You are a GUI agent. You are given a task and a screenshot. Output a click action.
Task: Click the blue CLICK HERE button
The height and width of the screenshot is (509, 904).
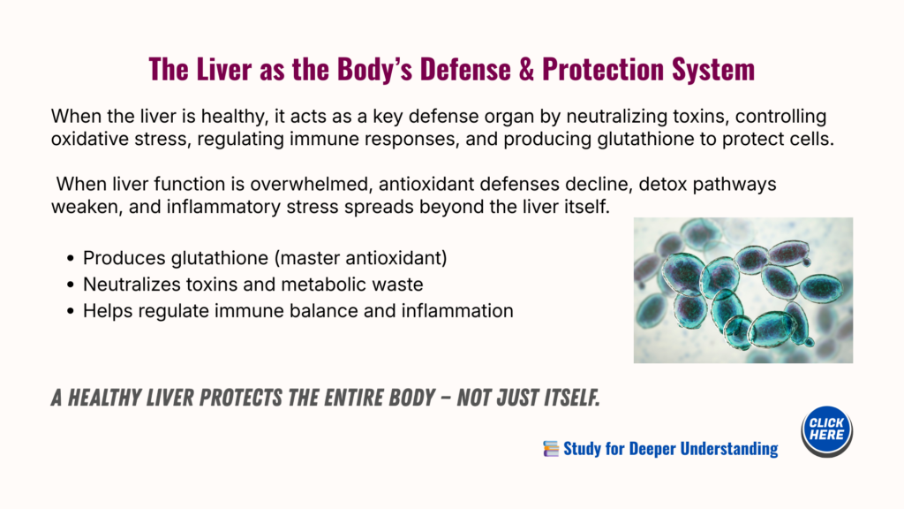[x=826, y=431]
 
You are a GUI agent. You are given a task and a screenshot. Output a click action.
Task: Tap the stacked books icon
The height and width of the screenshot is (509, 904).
[x=551, y=448]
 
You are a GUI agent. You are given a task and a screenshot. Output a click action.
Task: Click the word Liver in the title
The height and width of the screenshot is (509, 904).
[x=221, y=69]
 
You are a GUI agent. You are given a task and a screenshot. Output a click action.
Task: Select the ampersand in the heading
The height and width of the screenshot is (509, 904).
[x=526, y=69]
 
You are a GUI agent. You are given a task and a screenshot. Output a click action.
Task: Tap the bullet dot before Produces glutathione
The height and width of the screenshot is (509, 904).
[x=71, y=259]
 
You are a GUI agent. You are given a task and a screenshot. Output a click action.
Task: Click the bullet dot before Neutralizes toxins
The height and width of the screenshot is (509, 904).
[x=71, y=285]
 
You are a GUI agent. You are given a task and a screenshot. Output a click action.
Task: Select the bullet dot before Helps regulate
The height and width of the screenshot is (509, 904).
[x=71, y=312]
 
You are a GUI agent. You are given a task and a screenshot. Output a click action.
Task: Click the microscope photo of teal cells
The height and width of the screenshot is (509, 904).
[x=743, y=290]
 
